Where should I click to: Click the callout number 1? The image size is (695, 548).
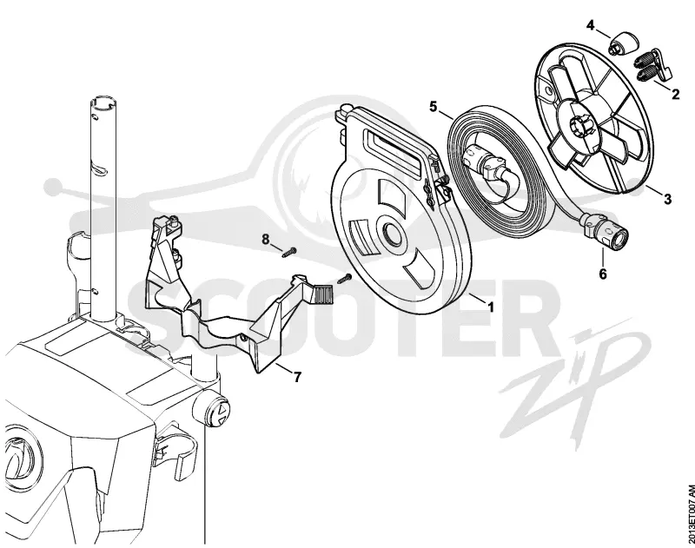click(490, 307)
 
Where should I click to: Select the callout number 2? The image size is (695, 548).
click(675, 94)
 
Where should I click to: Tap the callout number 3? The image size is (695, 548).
click(667, 199)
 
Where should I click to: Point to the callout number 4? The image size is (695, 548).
click(591, 25)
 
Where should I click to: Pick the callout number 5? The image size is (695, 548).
click(433, 107)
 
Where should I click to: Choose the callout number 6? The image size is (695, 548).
click(603, 274)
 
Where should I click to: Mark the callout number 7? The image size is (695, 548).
click(297, 377)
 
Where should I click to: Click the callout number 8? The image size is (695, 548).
click(266, 240)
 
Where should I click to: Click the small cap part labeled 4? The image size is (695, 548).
click(624, 44)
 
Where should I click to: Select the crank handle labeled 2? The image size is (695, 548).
click(654, 64)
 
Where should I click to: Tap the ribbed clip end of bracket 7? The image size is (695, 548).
click(323, 294)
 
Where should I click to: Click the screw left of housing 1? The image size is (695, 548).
click(345, 279)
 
